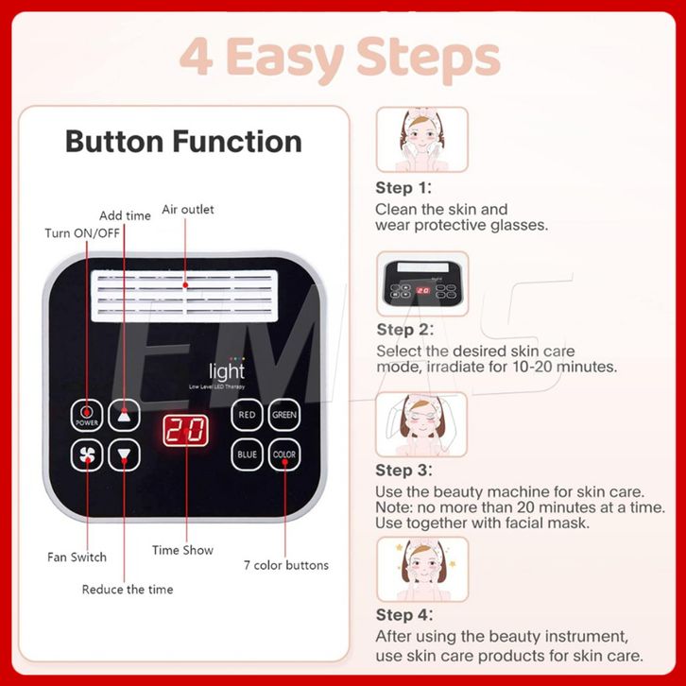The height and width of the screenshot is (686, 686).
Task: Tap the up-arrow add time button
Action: coord(124,415)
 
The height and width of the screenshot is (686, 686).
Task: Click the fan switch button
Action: coord(87,455)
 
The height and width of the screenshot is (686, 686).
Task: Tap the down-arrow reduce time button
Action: coord(124,455)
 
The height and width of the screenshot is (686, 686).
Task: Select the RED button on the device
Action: coord(247,415)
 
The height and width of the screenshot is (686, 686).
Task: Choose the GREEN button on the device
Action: coord(284,415)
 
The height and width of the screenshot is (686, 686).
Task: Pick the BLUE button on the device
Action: coord(247,455)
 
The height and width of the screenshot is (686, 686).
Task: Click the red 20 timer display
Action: coord(185,431)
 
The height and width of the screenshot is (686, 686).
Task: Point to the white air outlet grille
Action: coord(184,296)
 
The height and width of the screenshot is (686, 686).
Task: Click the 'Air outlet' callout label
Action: coord(188,210)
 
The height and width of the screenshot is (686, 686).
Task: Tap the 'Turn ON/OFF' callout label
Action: coord(82,233)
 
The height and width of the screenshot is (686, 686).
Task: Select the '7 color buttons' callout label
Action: coord(286,565)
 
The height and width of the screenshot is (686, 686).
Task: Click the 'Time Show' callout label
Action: coord(182,550)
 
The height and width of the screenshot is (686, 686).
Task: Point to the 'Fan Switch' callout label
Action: coord(77,557)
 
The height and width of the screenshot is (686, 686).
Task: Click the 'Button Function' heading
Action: coord(183,142)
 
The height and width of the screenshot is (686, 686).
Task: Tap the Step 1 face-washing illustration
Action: coord(422,139)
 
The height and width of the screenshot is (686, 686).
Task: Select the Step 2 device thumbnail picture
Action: coord(422,283)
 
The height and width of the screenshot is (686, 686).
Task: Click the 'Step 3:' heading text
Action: coord(403,471)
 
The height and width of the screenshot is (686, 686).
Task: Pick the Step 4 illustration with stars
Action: coord(422,569)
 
